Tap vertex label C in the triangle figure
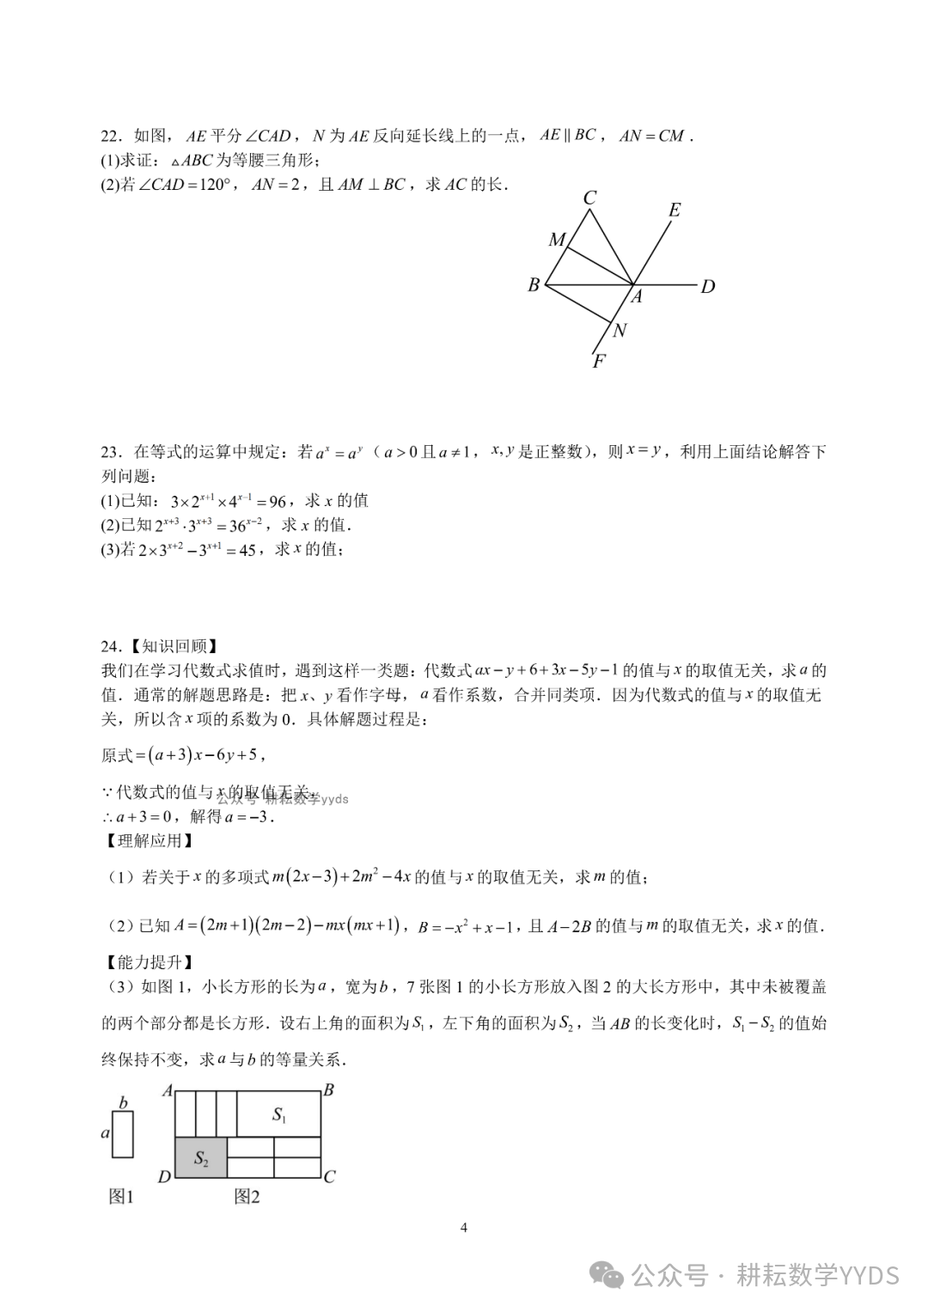tap(589, 198)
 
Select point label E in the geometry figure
tap(675, 210)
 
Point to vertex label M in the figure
tap(557, 240)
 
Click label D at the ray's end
tap(708, 287)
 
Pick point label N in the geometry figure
tap(620, 331)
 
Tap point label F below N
tap(599, 362)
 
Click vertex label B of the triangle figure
tap(534, 285)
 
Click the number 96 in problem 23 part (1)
tap(277, 502)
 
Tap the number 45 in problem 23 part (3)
tap(247, 551)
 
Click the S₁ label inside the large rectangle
tap(279, 1114)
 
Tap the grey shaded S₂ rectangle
tap(201, 1157)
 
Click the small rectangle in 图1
tap(123, 1134)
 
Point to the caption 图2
tap(247, 1196)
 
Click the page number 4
tap(464, 1228)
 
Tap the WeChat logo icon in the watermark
tap(611, 1275)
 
